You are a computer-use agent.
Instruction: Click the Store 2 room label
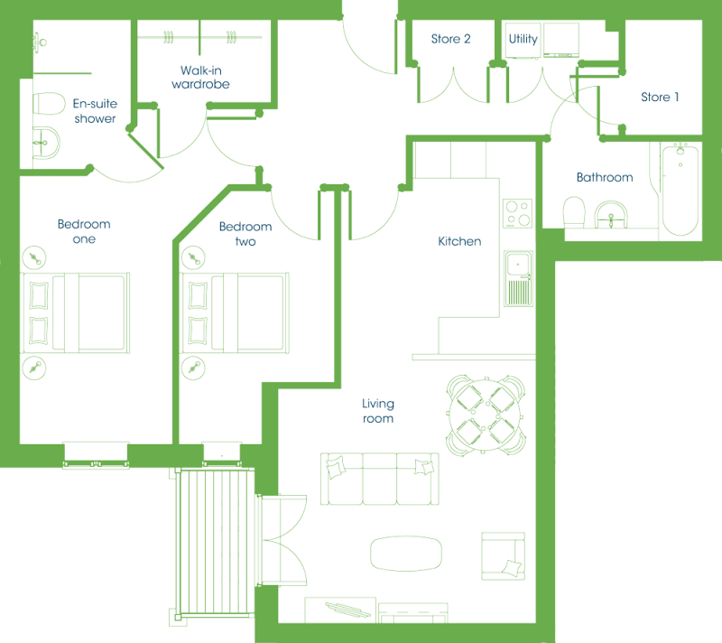(x=450, y=39)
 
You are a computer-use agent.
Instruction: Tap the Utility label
(x=523, y=39)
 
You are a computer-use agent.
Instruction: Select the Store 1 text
(x=660, y=97)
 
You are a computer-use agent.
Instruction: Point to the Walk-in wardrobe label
(x=200, y=77)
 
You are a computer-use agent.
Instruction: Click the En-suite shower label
(x=95, y=111)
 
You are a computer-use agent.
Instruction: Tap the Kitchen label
(x=459, y=241)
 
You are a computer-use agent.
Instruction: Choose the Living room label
(x=378, y=411)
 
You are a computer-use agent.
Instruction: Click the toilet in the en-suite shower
(x=49, y=103)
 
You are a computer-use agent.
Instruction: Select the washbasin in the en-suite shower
(x=46, y=143)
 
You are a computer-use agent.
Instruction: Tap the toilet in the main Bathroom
(x=574, y=212)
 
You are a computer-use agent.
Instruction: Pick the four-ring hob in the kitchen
(x=517, y=213)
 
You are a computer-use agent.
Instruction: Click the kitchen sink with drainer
(x=518, y=278)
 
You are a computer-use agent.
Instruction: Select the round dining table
(x=485, y=415)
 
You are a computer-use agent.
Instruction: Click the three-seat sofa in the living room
(x=380, y=479)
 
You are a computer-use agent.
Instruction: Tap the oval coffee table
(x=406, y=554)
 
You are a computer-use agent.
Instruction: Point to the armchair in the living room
(x=504, y=556)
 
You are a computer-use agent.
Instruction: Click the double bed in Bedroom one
(x=75, y=312)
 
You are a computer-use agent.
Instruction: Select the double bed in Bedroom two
(x=235, y=312)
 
